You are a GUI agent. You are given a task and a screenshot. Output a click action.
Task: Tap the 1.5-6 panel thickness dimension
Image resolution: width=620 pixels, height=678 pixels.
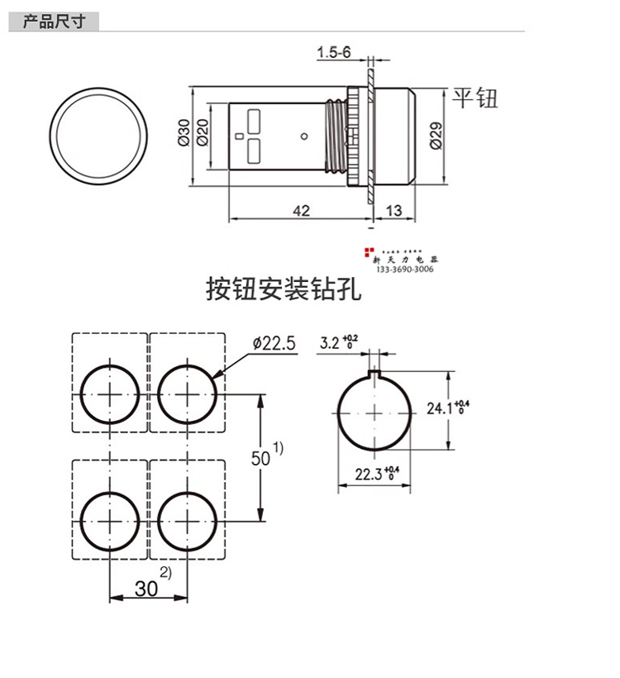(x=334, y=53)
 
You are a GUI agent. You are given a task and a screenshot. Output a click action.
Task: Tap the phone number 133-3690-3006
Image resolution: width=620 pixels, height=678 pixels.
(x=405, y=270)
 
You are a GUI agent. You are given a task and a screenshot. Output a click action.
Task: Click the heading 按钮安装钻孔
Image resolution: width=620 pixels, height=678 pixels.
(x=284, y=291)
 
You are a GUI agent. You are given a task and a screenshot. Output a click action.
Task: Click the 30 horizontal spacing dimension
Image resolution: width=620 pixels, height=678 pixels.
(x=146, y=589)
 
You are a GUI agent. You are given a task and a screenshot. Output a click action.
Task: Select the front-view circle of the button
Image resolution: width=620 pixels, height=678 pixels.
(x=100, y=135)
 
